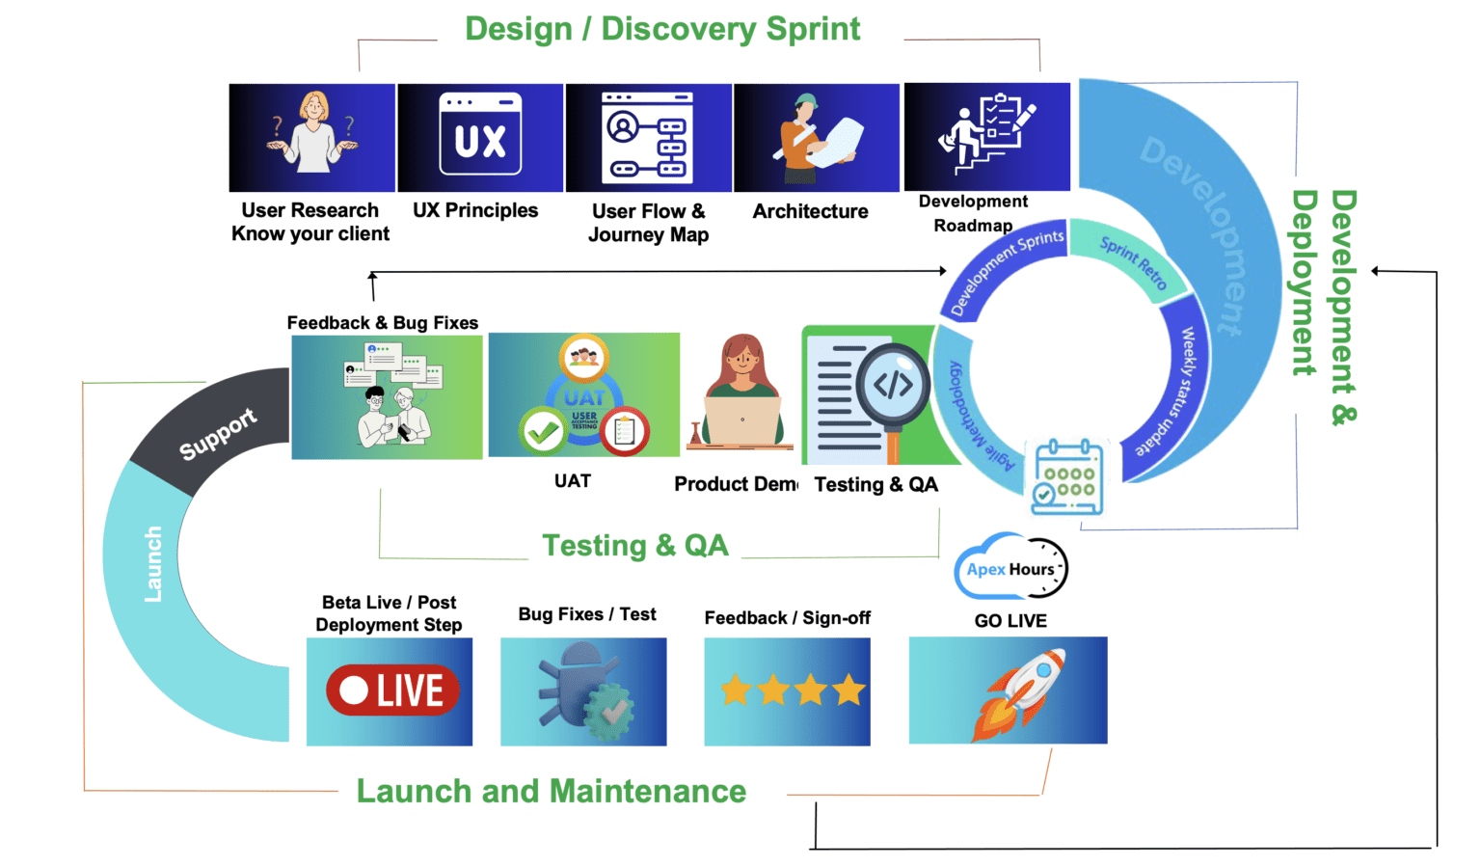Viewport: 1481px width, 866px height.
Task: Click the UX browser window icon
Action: (480, 135)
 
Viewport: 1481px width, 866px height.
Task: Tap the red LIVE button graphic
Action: (392, 690)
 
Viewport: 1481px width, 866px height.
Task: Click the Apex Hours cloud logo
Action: (1010, 567)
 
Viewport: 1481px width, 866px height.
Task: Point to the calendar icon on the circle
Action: (1067, 477)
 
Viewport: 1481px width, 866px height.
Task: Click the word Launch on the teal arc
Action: (153, 565)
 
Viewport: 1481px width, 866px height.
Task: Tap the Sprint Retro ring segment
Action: (1133, 261)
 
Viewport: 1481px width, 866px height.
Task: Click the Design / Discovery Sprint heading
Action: (662, 29)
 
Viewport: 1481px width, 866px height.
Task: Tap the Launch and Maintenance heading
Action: (551, 792)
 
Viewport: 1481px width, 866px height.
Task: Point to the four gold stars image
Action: (791, 690)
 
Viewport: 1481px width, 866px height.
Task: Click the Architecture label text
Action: (810, 211)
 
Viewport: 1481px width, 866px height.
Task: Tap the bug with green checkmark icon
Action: (584, 691)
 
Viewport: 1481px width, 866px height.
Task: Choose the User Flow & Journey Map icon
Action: (647, 137)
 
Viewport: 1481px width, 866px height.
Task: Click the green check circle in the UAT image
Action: (543, 431)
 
